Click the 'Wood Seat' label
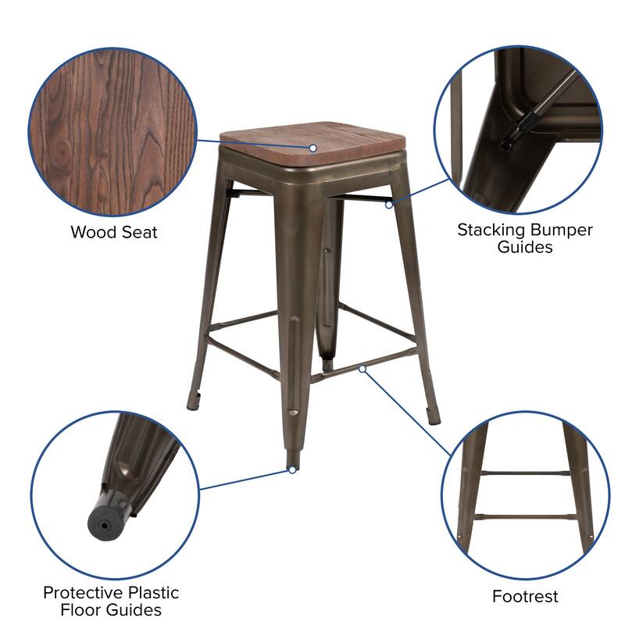tap(114, 232)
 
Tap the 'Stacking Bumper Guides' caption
tap(525, 238)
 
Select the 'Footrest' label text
tap(525, 597)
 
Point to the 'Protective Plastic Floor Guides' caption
tap(111, 601)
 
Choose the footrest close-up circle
tap(525, 492)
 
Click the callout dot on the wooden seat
tap(312, 147)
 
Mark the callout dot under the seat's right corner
tap(388, 204)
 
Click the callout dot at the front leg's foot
tap(291, 470)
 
